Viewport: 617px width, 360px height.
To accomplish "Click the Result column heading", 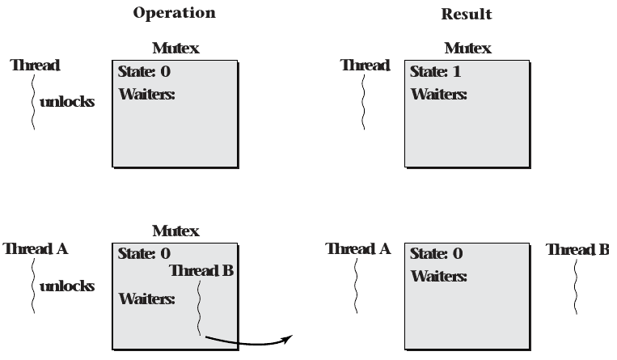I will (x=467, y=14).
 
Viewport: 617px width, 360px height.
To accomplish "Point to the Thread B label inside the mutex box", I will (x=201, y=270).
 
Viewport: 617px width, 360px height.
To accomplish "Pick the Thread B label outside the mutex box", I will (x=577, y=249).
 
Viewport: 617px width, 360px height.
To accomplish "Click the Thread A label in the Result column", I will (x=357, y=249).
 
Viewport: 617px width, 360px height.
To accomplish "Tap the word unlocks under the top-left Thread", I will (x=66, y=103).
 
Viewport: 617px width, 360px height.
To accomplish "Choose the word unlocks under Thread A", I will (x=66, y=286).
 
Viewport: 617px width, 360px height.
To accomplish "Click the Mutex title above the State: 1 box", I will (x=467, y=49).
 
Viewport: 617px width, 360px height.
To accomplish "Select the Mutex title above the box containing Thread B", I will (x=175, y=231).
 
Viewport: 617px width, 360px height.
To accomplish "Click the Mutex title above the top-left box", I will (x=175, y=49).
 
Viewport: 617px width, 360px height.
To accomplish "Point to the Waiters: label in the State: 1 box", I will (x=439, y=94).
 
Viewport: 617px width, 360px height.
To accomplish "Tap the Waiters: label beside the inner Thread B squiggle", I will (x=147, y=299).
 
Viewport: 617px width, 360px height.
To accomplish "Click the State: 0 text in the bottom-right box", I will (x=437, y=254).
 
